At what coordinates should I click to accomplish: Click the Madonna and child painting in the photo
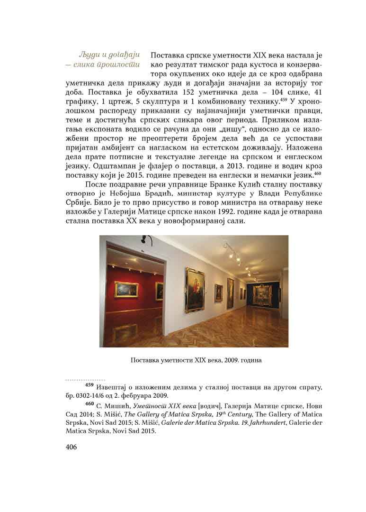point(195,289)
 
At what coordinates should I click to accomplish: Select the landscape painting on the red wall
point(126,289)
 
